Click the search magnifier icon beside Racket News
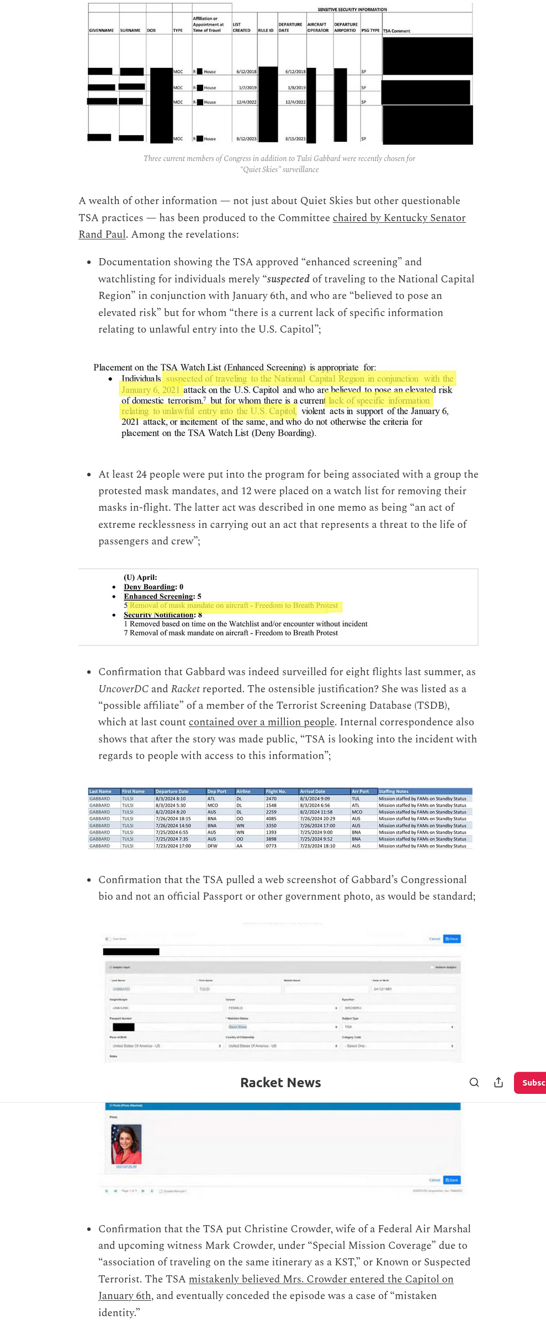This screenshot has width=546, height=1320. [474, 1082]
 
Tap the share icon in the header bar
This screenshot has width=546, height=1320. [498, 1082]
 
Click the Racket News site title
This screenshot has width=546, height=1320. [280, 1082]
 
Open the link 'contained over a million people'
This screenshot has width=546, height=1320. [261, 722]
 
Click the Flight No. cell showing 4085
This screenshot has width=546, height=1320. [271, 819]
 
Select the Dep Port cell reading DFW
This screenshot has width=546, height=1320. [213, 846]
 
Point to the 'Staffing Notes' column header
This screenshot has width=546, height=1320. [394, 791]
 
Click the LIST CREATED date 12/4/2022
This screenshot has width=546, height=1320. [246, 102]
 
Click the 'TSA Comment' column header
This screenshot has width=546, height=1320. [396, 31]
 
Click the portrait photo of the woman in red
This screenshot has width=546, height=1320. [126, 1144]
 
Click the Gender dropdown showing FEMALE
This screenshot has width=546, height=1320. [281, 1008]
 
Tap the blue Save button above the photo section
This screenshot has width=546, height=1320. [452, 939]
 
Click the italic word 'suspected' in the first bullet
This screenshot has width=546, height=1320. [288, 279]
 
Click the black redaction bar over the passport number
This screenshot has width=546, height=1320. [124, 1027]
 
